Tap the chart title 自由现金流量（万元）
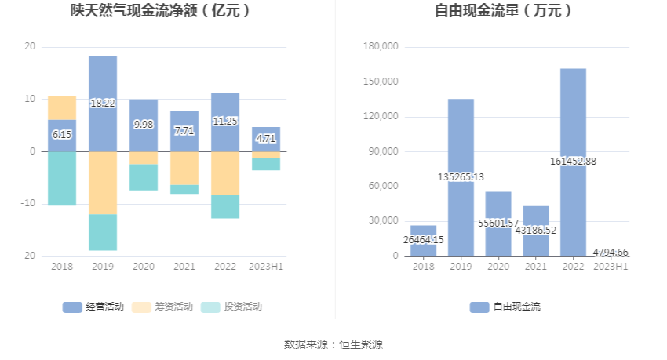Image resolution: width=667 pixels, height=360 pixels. pos(503,11)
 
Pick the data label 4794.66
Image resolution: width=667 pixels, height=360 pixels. pos(610,252)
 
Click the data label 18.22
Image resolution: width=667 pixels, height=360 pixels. pos(103,103)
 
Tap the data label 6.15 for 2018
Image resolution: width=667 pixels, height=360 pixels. pos(62,135)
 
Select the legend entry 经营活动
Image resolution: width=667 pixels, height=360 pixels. pos(93,307)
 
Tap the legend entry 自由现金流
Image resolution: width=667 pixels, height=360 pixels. pos(505,307)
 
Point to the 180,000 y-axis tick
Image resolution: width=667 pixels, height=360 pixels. pos(383,47)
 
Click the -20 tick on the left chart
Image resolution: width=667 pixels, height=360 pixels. pos(30,256)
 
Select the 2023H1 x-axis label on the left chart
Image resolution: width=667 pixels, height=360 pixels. pos(266,267)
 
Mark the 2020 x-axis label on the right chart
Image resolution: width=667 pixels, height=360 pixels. pos(498,267)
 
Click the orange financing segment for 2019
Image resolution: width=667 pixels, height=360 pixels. pos(103,183)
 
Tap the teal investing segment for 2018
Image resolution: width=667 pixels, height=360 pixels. pos(62,178)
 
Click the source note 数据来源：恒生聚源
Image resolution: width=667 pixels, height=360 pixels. pos(333,344)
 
